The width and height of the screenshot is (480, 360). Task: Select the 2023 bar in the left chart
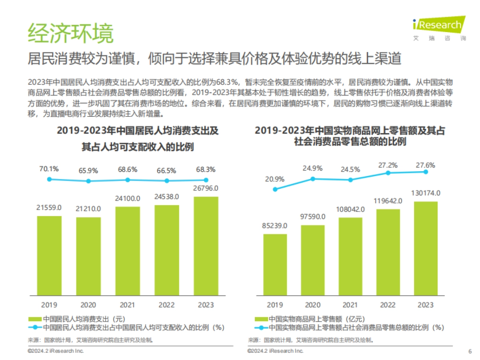click(206, 246)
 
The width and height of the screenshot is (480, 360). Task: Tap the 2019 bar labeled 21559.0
click(49, 256)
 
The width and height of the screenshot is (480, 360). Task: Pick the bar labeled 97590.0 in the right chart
click(313, 260)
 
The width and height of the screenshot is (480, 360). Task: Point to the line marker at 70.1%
click(49, 179)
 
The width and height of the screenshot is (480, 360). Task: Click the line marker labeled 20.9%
click(275, 189)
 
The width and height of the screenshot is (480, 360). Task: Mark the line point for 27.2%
click(388, 173)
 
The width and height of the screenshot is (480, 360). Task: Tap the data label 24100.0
click(128, 198)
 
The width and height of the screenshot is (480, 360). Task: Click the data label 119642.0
click(388, 200)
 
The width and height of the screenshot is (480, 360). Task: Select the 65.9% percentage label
click(88, 170)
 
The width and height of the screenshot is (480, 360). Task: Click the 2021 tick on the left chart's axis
click(128, 305)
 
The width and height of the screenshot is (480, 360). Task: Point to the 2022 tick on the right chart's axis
click(388, 305)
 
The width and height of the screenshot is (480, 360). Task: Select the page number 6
click(470, 352)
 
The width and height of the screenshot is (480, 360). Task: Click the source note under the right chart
click(312, 340)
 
